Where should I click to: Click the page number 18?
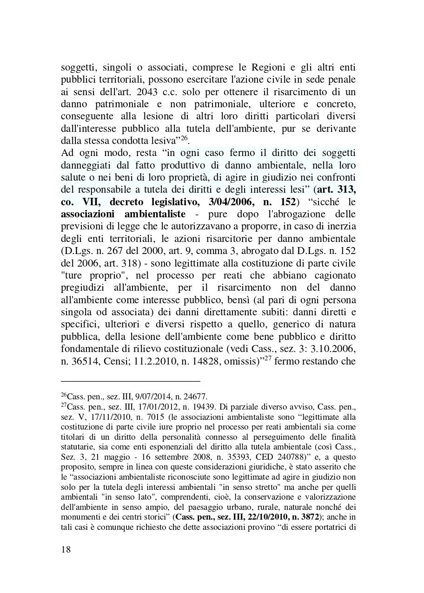tap(66, 549)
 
